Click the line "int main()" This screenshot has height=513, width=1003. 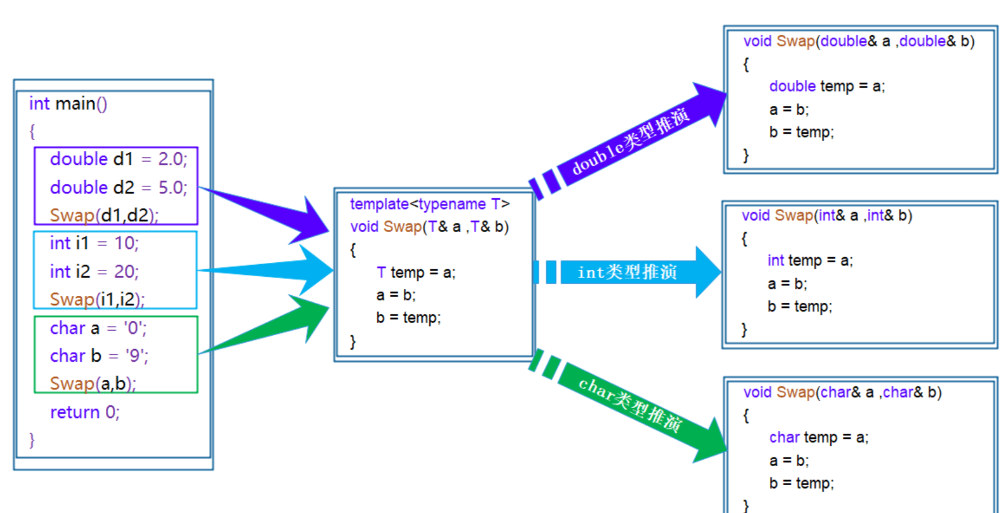tap(68, 104)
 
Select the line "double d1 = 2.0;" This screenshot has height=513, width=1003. tap(118, 159)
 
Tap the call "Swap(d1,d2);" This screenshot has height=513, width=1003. tap(104, 215)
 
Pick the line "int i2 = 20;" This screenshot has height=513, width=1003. tap(94, 272)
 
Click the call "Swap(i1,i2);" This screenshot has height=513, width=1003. tap(97, 299)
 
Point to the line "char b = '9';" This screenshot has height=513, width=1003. tap(98, 356)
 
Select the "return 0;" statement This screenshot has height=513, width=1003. tap(84, 412)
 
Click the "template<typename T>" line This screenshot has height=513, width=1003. tap(429, 204)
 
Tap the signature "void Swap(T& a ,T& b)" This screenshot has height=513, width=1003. tap(429, 226)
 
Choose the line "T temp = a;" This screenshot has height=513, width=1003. tap(415, 272)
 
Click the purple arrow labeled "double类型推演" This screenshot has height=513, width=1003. tap(630, 139)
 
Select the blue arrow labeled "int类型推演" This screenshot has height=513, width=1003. tap(628, 272)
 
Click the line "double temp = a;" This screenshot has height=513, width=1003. tap(827, 86)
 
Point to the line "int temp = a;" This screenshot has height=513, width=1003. tap(809, 261)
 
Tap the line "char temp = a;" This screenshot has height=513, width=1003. tap(818, 437)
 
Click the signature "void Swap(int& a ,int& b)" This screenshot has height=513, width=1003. tap(827, 215)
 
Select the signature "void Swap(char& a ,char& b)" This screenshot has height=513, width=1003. tap(842, 392)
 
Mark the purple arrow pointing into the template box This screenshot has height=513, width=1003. tap(272, 212)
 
